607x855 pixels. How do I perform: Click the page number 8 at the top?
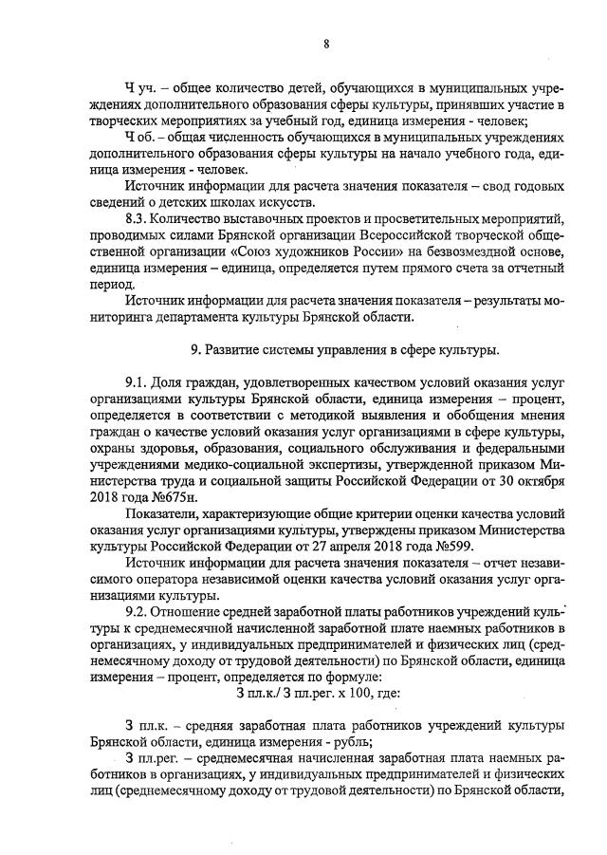(x=326, y=43)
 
